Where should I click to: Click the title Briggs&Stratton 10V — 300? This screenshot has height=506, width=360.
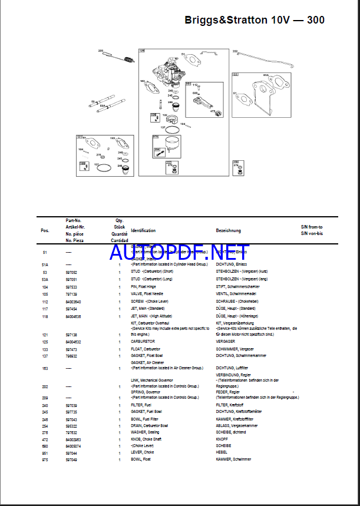pyautogui.click(x=254, y=20)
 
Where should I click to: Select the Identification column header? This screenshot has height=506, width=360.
pyautogui.click(x=143, y=230)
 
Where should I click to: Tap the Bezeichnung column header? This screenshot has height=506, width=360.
pyautogui.click(x=229, y=230)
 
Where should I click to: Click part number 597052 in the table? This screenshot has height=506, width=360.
pyautogui.click(x=71, y=273)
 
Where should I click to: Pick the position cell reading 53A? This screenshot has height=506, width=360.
pyautogui.click(x=45, y=279)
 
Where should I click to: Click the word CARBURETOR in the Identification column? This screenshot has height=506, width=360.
pyautogui.click(x=143, y=341)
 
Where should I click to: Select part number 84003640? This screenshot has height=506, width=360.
pyautogui.click(x=73, y=301)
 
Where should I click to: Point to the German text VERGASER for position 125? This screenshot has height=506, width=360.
pyautogui.click(x=226, y=341)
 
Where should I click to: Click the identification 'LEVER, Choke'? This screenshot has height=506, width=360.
pyautogui.click(x=142, y=452)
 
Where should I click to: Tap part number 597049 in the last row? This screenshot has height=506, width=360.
pyautogui.click(x=71, y=459)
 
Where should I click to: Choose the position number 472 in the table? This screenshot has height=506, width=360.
pyautogui.click(x=45, y=439)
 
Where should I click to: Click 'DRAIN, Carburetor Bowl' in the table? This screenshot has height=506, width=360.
pyautogui.click(x=150, y=425)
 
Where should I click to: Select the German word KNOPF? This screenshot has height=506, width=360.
pyautogui.click(x=223, y=439)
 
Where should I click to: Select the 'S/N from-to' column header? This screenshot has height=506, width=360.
pyautogui.click(x=312, y=227)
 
